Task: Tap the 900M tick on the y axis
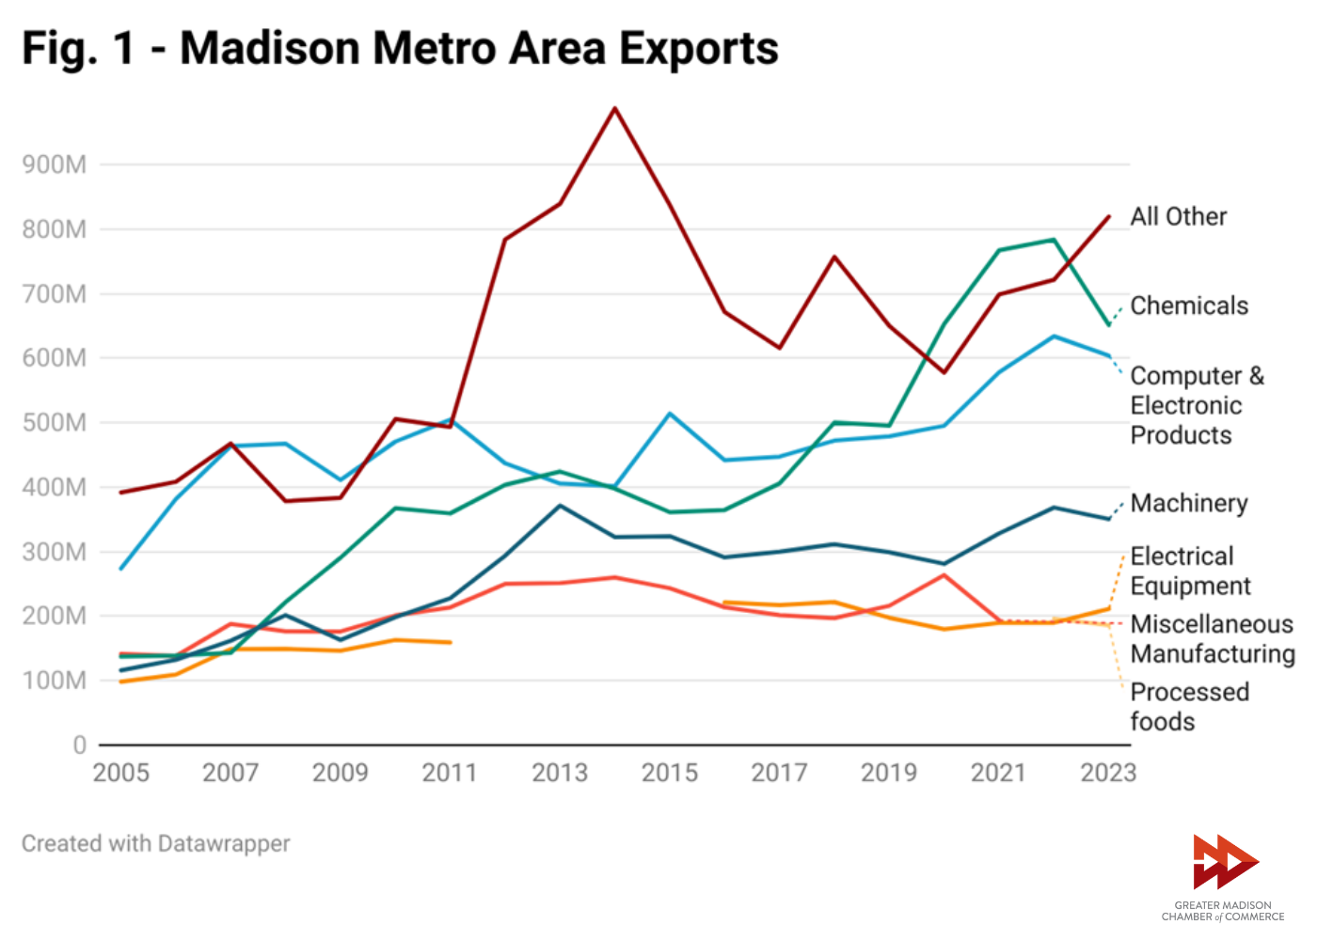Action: (x=55, y=164)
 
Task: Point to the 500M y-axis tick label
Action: (x=55, y=423)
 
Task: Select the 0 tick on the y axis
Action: (x=80, y=745)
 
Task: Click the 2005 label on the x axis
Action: (x=121, y=773)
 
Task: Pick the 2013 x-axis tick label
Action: (x=560, y=773)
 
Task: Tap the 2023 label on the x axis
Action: (x=1108, y=773)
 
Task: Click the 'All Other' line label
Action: (x=1179, y=217)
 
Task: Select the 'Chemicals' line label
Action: (x=1189, y=305)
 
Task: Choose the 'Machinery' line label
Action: (x=1189, y=503)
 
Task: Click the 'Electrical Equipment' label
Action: (x=1190, y=571)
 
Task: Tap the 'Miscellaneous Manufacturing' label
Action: (x=1212, y=638)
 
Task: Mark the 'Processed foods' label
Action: (x=1189, y=707)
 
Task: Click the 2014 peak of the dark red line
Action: (x=615, y=109)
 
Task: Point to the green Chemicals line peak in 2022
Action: (x=1054, y=240)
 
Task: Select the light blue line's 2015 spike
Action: (x=670, y=414)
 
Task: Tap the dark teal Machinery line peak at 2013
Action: (x=560, y=506)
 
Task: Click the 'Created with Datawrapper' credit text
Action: (x=156, y=843)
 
